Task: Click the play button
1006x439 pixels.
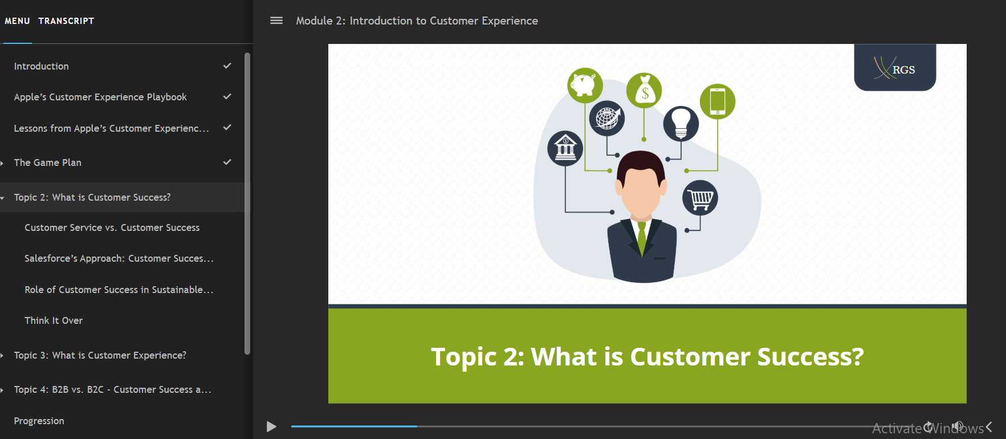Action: [x=271, y=426]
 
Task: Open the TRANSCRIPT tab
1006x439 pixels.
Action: [x=66, y=21]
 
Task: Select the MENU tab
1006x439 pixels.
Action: [x=17, y=21]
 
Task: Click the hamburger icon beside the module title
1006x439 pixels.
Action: [x=276, y=21]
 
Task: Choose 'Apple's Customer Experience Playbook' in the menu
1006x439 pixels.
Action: [x=100, y=97]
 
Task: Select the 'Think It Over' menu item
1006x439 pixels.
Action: [x=54, y=320]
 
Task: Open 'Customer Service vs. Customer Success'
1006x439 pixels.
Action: [x=112, y=227]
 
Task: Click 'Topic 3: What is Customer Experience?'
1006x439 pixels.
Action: [x=100, y=355]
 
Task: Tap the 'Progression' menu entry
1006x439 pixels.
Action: [x=39, y=421]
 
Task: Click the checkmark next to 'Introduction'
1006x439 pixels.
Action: [x=227, y=66]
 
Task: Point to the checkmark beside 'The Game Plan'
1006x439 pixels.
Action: [x=227, y=162]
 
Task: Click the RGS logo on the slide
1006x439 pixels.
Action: [x=895, y=68]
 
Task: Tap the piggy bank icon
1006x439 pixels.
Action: [x=585, y=86]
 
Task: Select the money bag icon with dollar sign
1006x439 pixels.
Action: [x=644, y=91]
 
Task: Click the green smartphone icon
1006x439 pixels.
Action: [x=718, y=101]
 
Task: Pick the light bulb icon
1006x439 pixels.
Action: [x=681, y=124]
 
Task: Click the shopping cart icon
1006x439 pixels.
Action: [x=700, y=198]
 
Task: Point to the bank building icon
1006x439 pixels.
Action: [x=565, y=148]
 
